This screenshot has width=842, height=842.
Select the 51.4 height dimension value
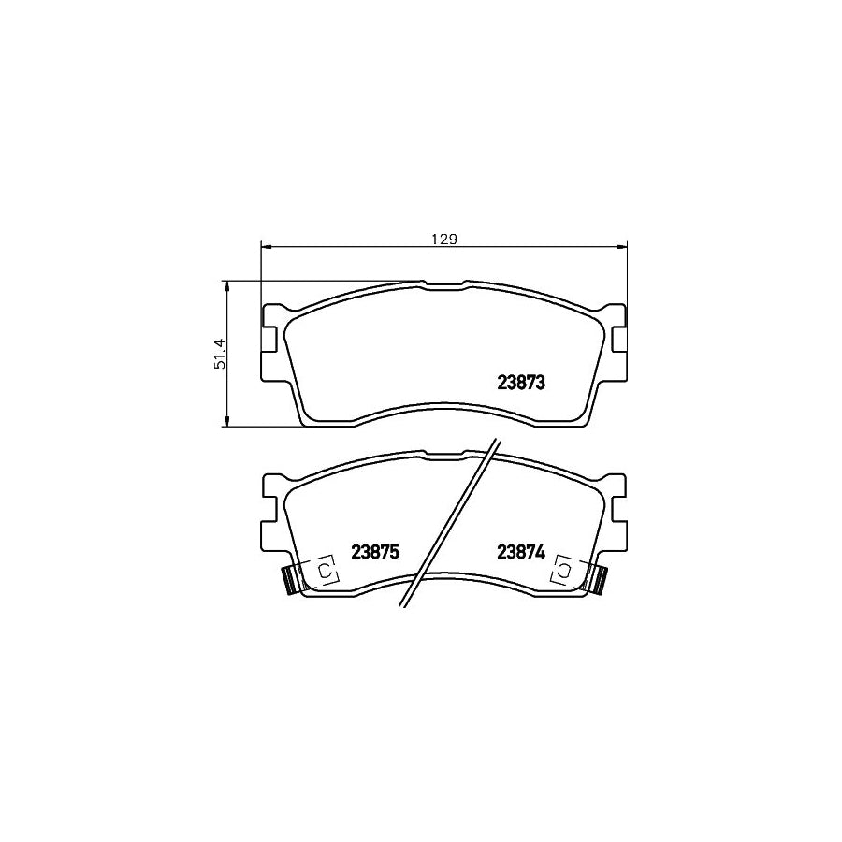[221, 355]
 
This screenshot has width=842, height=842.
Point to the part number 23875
[375, 552]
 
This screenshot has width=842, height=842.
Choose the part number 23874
[521, 552]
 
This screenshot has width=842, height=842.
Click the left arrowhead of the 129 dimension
[264, 247]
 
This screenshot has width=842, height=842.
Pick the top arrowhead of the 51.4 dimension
[227, 284]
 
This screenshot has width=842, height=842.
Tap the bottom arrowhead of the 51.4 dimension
[227, 423]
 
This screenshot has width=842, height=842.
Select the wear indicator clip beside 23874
[599, 581]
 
